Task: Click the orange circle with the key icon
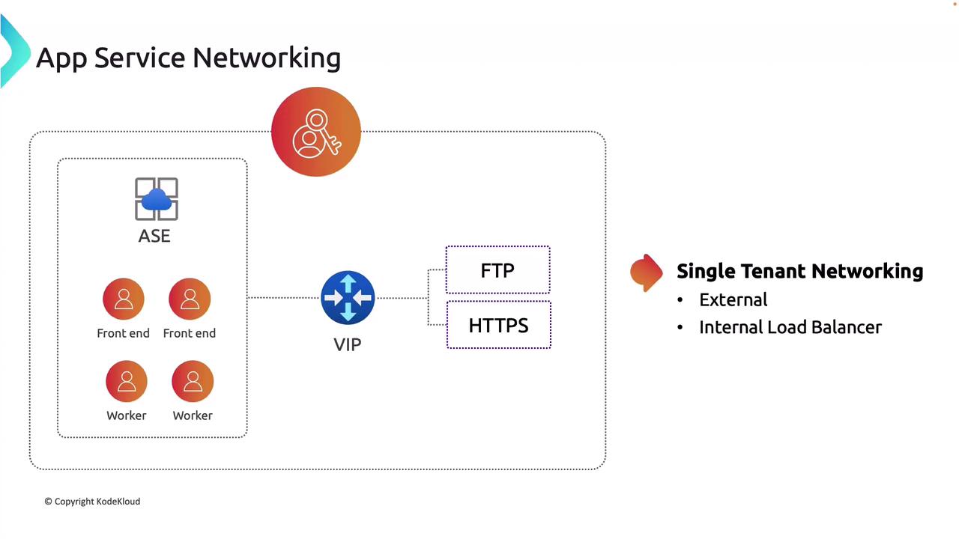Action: tap(316, 132)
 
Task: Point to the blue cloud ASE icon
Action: tap(156, 199)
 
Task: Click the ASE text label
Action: tap(154, 236)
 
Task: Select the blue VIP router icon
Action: tap(348, 298)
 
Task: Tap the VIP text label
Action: tap(347, 344)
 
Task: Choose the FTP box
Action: tap(497, 270)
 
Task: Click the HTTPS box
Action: tap(498, 325)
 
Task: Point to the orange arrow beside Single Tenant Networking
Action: tap(647, 272)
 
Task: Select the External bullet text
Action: tap(733, 299)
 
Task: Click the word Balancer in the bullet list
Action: tap(846, 327)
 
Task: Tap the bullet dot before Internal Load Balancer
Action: tap(680, 328)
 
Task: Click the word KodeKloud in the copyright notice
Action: tap(118, 502)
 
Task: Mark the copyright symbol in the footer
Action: tap(48, 502)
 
